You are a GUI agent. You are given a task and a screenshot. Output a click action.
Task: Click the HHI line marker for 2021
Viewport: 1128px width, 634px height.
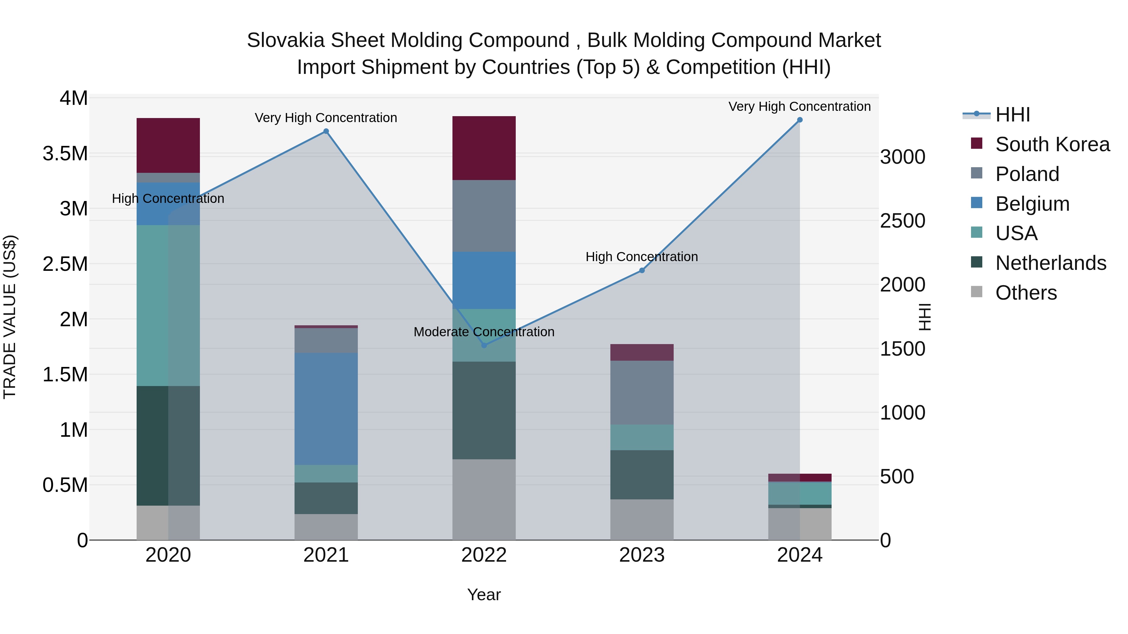[326, 131]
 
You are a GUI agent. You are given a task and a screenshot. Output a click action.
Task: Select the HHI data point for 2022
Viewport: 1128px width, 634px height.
[484, 345]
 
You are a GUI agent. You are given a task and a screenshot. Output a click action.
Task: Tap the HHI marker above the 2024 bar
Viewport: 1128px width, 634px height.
[800, 120]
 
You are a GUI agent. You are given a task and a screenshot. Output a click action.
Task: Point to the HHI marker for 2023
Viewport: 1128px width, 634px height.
[642, 271]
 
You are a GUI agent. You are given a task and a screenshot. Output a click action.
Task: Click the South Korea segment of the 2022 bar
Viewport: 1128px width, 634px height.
[484, 148]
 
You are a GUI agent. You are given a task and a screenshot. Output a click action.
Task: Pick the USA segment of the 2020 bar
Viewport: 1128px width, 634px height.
[168, 305]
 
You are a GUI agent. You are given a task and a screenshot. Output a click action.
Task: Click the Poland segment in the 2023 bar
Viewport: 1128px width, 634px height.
[642, 393]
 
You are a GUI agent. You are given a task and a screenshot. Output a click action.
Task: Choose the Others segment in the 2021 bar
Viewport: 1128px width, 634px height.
[326, 527]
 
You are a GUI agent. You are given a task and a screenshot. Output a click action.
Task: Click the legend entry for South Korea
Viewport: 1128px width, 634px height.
[1052, 144]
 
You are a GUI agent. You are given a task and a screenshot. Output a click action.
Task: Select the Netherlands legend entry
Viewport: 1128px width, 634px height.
[1051, 263]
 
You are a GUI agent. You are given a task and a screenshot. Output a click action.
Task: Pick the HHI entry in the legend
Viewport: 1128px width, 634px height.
[1012, 115]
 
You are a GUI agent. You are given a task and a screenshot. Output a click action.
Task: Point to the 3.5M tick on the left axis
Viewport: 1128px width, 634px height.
[65, 154]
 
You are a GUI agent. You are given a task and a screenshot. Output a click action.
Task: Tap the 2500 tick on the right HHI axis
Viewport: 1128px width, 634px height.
[903, 221]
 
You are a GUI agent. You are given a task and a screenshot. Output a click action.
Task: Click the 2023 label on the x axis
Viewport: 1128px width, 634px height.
[642, 555]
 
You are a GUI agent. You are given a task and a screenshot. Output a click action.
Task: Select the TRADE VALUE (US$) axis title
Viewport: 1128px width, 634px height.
[10, 317]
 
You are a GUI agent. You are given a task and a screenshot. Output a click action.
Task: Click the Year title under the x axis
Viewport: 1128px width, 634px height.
[484, 595]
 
